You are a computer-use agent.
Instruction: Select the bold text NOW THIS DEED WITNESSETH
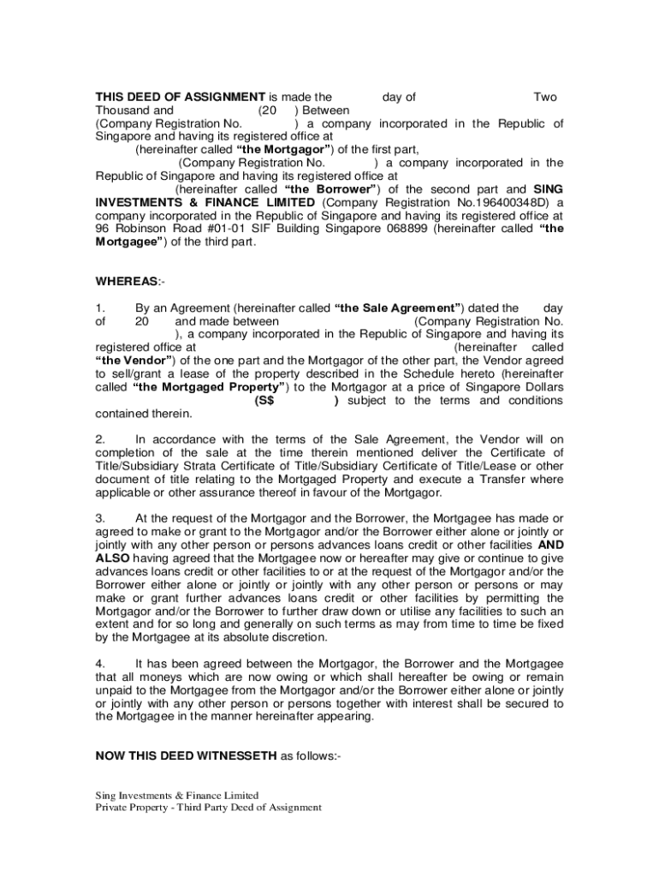(186, 755)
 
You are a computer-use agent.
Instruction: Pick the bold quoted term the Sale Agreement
(400, 308)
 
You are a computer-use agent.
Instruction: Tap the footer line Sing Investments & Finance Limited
(176, 795)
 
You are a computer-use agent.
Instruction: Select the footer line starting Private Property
(208, 808)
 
